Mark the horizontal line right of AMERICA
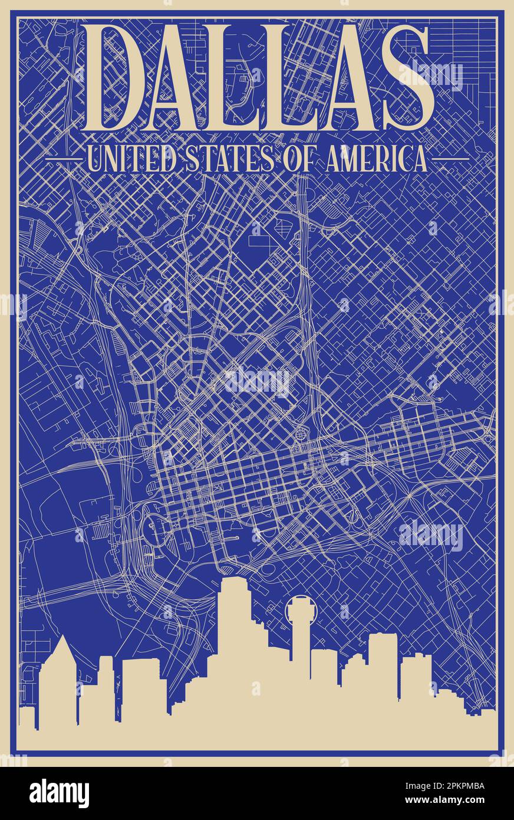pyautogui.click(x=450, y=159)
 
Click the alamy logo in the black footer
pyautogui.click(x=59, y=793)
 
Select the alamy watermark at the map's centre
pyautogui.click(x=258, y=382)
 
